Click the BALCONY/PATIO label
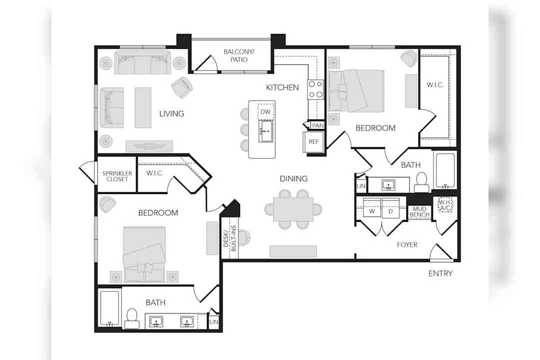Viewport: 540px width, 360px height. coord(238,55)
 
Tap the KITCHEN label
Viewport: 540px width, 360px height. coord(282,87)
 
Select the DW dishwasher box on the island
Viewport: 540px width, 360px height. coord(265,111)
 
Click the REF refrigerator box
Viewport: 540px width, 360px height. coord(313,141)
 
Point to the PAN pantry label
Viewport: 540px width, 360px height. coord(317,125)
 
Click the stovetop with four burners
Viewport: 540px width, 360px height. coord(315,89)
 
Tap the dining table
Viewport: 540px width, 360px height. coord(293,209)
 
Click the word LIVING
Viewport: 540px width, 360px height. coord(171,113)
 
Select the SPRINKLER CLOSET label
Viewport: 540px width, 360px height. coord(117,176)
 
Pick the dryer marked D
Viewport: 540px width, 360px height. coord(390,207)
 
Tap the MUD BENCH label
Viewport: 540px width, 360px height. coord(419,211)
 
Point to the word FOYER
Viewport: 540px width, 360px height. coord(407,244)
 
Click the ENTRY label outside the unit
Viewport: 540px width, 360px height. coord(440,273)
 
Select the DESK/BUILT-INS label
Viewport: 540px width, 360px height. coord(229,238)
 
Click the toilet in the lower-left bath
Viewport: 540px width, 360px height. coord(132,318)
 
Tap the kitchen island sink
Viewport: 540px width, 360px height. coord(266,131)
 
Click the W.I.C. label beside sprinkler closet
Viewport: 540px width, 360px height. coord(154,173)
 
